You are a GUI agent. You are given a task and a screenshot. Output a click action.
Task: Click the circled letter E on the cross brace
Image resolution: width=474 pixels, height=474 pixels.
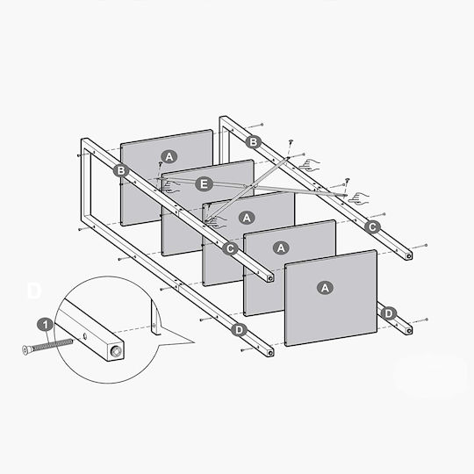coord(204,184)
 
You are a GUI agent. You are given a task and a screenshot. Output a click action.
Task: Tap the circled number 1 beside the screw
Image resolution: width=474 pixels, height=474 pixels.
coord(46,326)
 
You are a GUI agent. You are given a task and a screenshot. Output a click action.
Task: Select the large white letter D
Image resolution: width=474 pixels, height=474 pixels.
coord(34,291)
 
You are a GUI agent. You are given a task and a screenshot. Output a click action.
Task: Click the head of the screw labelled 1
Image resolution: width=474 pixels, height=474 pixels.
coord(26,349)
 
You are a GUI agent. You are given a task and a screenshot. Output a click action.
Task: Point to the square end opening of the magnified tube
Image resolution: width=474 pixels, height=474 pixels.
coord(117,351)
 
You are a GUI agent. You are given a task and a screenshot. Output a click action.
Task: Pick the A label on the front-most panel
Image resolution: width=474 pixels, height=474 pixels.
coord(325,288)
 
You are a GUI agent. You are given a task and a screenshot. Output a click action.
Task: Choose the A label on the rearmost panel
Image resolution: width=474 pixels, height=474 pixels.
coord(169,156)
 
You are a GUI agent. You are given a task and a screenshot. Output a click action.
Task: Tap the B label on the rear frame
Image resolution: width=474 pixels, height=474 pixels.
coord(253,142)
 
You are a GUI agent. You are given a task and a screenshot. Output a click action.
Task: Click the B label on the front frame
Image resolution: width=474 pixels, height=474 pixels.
coord(121,171)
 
